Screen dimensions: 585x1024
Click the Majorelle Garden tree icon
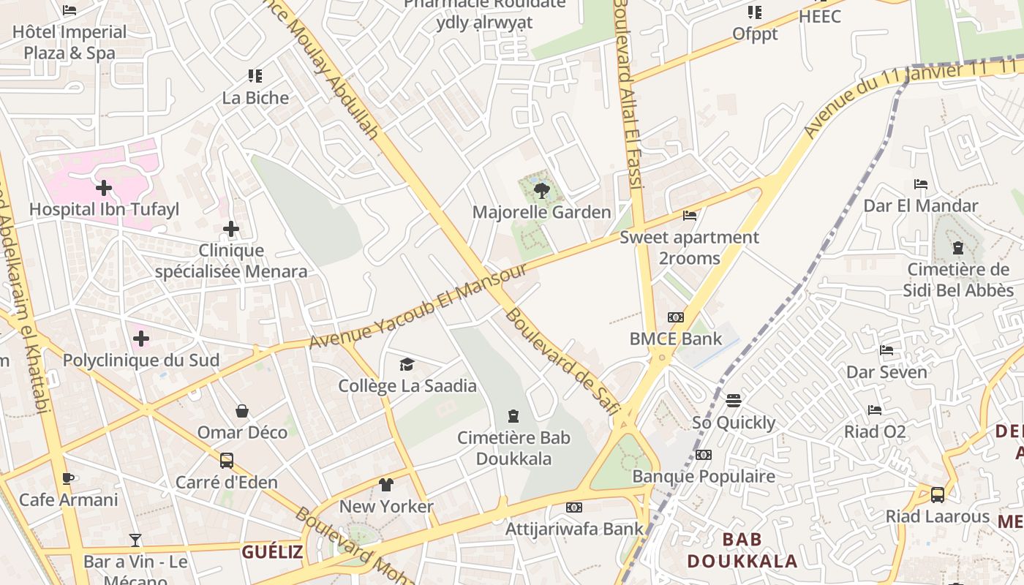coord(541,192)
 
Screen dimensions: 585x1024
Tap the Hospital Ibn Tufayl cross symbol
coord(104,189)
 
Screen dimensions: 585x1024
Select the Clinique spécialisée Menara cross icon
coord(231,230)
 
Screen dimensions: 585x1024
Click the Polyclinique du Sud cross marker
coord(141,339)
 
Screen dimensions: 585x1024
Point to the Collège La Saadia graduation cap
coord(407,364)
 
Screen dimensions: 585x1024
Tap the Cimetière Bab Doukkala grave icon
coord(513,416)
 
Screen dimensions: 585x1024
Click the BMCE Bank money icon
coord(676,317)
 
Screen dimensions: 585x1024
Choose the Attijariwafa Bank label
coord(575,528)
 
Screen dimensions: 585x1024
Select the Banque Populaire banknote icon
coord(704,455)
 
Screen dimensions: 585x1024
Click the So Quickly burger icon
coord(734,401)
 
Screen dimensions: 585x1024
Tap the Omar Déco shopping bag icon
coord(242,411)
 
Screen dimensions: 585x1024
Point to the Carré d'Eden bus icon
coord(227,461)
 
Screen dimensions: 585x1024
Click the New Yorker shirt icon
coord(386,485)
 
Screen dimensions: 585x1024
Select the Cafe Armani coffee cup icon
coord(68,479)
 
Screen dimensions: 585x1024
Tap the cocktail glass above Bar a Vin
coord(135,540)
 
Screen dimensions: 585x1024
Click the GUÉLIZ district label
coord(272,552)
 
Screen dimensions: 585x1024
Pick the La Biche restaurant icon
coord(255,76)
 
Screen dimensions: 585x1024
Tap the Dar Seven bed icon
coord(886,350)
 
